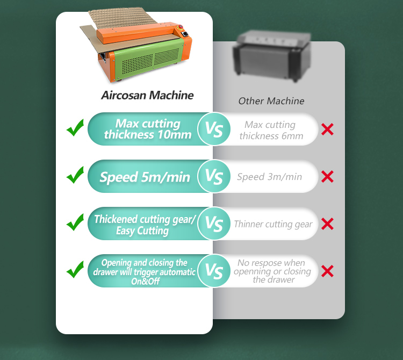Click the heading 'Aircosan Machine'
[147, 95]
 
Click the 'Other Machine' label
[271, 101]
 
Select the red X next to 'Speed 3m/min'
[327, 177]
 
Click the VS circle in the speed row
[214, 176]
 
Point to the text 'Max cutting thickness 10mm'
[148, 129]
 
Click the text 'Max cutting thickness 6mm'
[271, 130]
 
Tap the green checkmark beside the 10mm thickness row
[75, 127]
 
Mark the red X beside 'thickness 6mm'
[327, 129]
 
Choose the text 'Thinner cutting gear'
[273, 224]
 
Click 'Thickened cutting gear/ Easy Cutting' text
[145, 225]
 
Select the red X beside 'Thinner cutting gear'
[327, 224]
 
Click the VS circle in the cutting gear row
[214, 224]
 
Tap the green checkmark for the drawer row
[75, 269]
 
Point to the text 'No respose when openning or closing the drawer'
[272, 271]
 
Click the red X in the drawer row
[327, 271]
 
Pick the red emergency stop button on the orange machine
[181, 26]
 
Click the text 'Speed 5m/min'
[145, 177]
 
